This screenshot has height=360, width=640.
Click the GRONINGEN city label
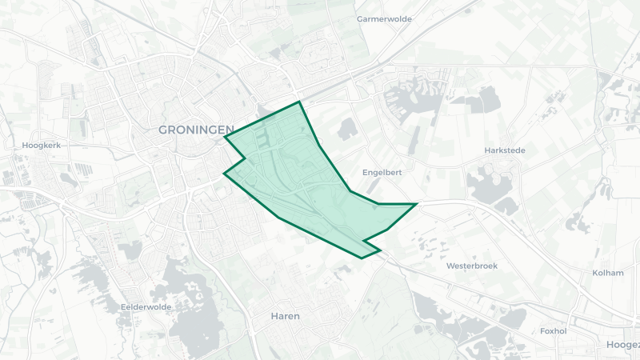pyautogui.click(x=195, y=130)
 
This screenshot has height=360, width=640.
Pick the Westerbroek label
pyautogui.click(x=472, y=266)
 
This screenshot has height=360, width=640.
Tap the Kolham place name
pyautogui.click(x=608, y=273)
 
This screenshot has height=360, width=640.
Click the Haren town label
pyautogui.click(x=285, y=316)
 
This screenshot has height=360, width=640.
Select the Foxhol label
pyautogui.click(x=554, y=330)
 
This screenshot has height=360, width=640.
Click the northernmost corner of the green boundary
pyautogui.click(x=299, y=102)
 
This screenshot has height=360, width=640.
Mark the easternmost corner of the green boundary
pyautogui.click(x=417, y=204)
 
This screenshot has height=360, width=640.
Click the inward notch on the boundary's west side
pyautogui.click(x=244, y=158)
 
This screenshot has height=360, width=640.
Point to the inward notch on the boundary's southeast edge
pyautogui.click(x=364, y=240)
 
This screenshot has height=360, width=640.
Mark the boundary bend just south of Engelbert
pyautogui.click(x=350, y=191)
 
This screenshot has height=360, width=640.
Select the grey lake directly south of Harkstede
pyautogui.click(x=488, y=188)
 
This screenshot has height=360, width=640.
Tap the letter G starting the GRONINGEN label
pyautogui.click(x=163, y=130)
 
